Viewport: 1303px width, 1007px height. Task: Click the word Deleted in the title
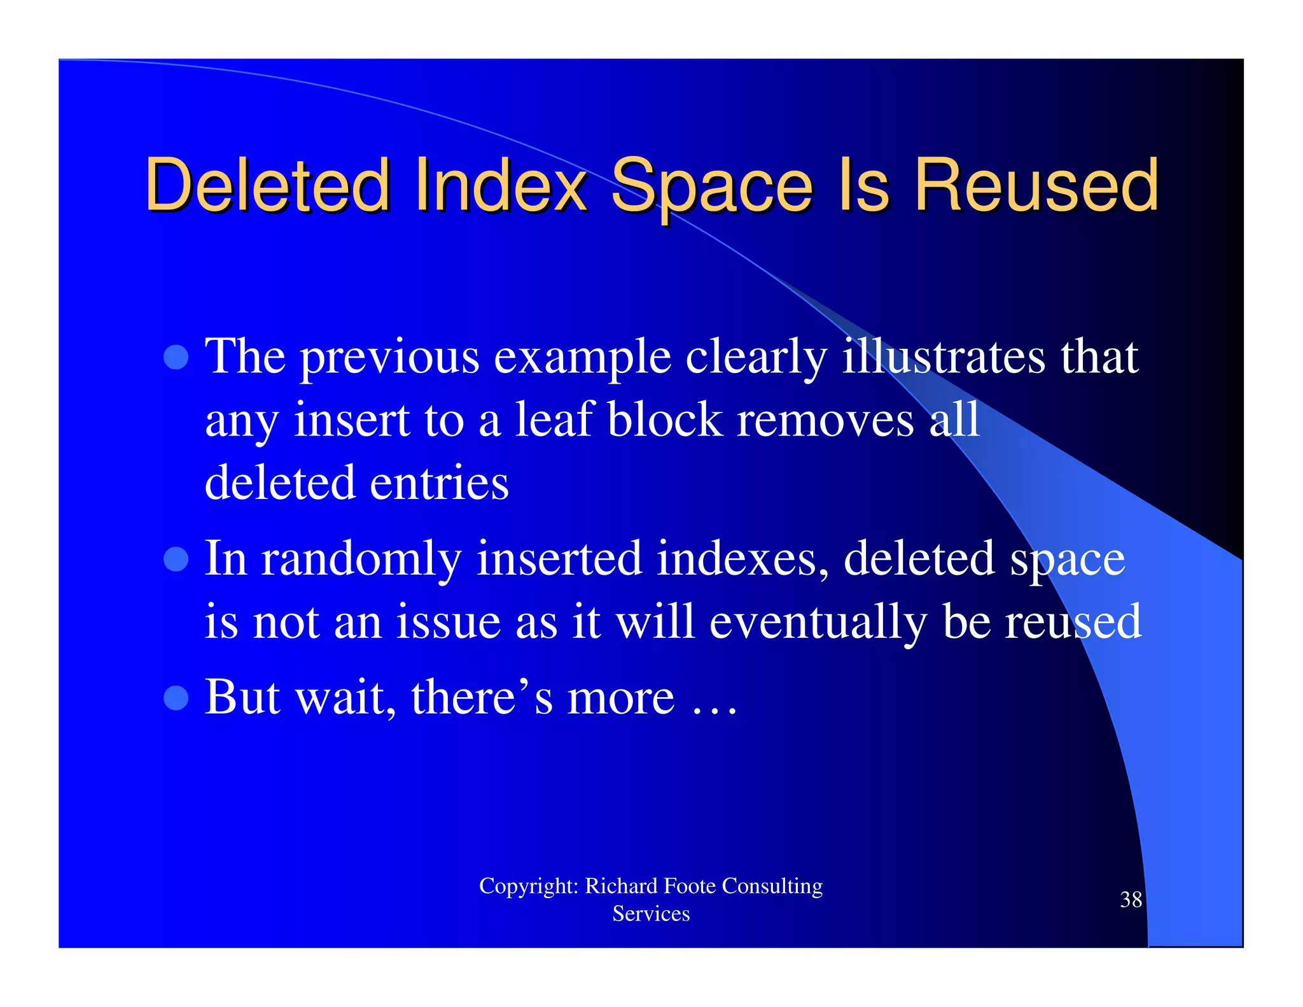pos(267,186)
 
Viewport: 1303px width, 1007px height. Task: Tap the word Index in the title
pos(501,186)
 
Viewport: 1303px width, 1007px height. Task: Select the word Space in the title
pos(711,186)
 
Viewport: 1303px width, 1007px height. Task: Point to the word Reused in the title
pos(1036,186)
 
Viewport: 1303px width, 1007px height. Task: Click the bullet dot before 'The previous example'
pos(176,357)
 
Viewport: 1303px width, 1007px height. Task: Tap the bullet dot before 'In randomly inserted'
pos(176,560)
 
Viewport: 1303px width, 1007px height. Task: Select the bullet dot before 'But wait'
pos(176,698)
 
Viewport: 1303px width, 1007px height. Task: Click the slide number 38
pos(1131,899)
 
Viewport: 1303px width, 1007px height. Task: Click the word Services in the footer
pos(651,914)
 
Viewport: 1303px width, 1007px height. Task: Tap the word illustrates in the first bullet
pos(944,356)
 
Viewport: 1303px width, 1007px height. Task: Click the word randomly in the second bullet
pos(361,559)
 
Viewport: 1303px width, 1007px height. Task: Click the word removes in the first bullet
pos(825,419)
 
